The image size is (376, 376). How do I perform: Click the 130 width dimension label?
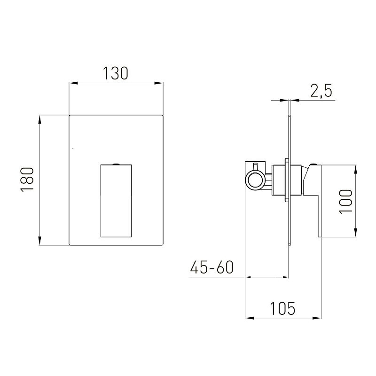point(116,73)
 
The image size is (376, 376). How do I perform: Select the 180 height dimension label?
point(27,180)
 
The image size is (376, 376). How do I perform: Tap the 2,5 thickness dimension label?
point(321,91)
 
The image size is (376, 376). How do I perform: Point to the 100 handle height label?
point(345,201)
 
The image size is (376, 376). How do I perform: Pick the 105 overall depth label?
point(282,308)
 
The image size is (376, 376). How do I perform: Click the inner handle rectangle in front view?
point(116,201)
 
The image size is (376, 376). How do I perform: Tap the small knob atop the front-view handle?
point(116,164)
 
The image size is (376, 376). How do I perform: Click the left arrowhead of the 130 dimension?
point(73,83)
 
